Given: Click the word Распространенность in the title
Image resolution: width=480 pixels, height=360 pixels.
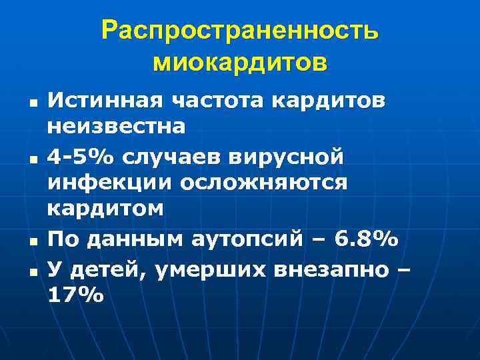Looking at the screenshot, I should (240, 31).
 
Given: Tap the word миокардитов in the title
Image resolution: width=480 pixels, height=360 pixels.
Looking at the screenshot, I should (240, 63).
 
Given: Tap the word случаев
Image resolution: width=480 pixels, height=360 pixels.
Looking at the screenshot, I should (170, 157).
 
